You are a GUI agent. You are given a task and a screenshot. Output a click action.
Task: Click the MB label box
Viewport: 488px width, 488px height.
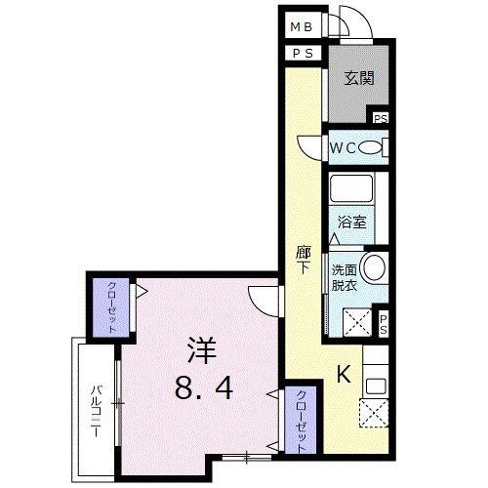click(302, 26)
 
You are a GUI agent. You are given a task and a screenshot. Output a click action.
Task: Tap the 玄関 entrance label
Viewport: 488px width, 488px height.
click(359, 78)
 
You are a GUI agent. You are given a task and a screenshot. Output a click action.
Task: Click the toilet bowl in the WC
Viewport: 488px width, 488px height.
click(370, 148)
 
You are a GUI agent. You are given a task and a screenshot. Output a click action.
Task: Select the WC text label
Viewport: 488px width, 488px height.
click(343, 148)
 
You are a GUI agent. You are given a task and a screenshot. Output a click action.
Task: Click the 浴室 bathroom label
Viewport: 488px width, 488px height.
click(352, 223)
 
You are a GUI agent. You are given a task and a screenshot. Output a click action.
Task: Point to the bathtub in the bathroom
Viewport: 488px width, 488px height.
click(351, 189)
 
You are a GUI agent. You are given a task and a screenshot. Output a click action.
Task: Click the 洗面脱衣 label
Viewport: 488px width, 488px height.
click(345, 277)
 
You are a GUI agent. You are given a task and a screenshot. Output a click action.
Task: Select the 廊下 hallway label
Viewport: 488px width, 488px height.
click(303, 261)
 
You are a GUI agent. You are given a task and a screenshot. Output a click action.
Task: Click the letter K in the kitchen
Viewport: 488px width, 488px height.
click(344, 374)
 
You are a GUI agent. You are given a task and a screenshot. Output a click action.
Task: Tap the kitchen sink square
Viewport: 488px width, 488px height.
click(376, 386)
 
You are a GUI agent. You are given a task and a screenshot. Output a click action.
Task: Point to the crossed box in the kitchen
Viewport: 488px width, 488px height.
click(374, 413)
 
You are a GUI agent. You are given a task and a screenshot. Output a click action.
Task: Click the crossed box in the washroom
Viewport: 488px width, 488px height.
click(357, 322)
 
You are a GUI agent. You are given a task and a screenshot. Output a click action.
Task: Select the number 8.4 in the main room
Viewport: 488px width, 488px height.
click(204, 387)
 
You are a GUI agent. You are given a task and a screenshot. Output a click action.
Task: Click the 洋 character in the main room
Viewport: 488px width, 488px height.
click(202, 350)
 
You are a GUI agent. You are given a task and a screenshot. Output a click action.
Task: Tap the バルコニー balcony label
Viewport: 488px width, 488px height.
click(96, 411)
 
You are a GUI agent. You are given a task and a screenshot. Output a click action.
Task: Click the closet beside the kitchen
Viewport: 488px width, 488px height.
click(301, 420)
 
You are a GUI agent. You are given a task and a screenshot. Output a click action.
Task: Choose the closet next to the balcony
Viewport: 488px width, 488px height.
click(111, 307)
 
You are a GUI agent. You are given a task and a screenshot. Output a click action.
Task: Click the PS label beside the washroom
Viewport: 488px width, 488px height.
click(384, 325)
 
